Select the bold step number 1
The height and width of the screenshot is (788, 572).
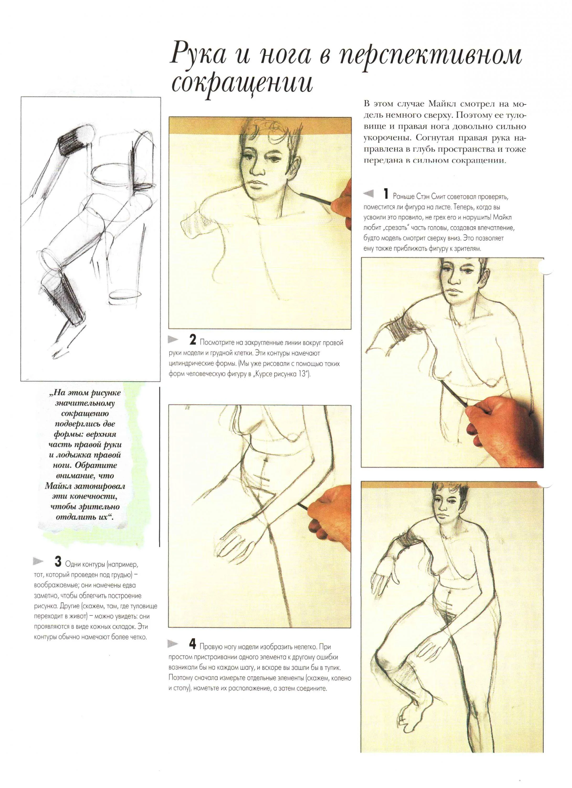[386, 194]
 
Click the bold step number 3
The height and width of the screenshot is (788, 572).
[58, 562]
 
